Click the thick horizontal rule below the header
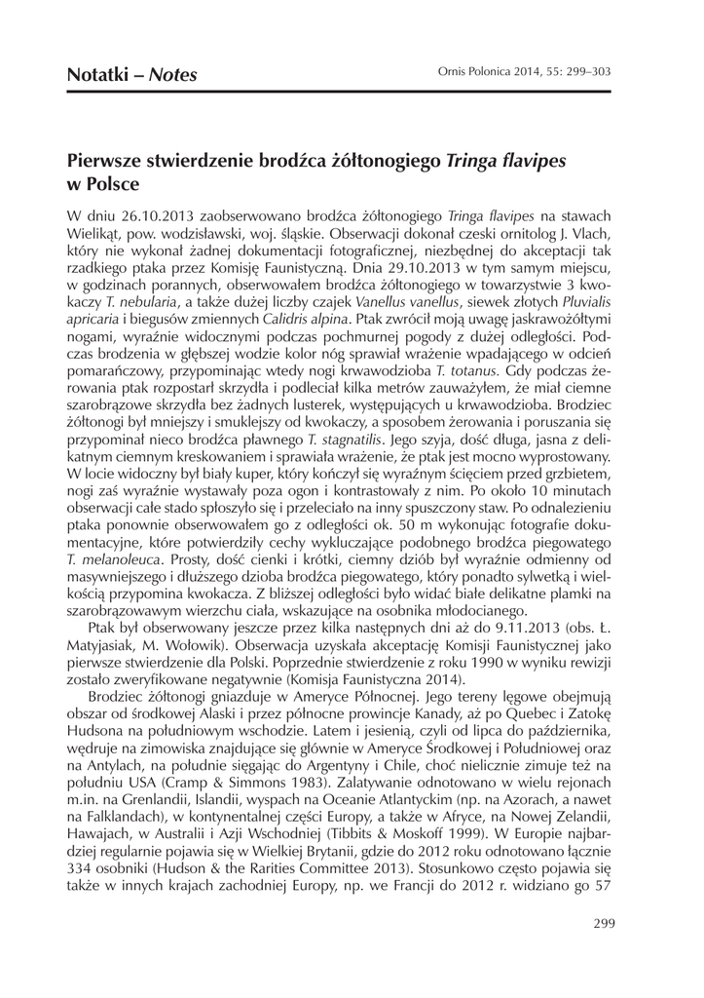pyautogui.click(x=352, y=92)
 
